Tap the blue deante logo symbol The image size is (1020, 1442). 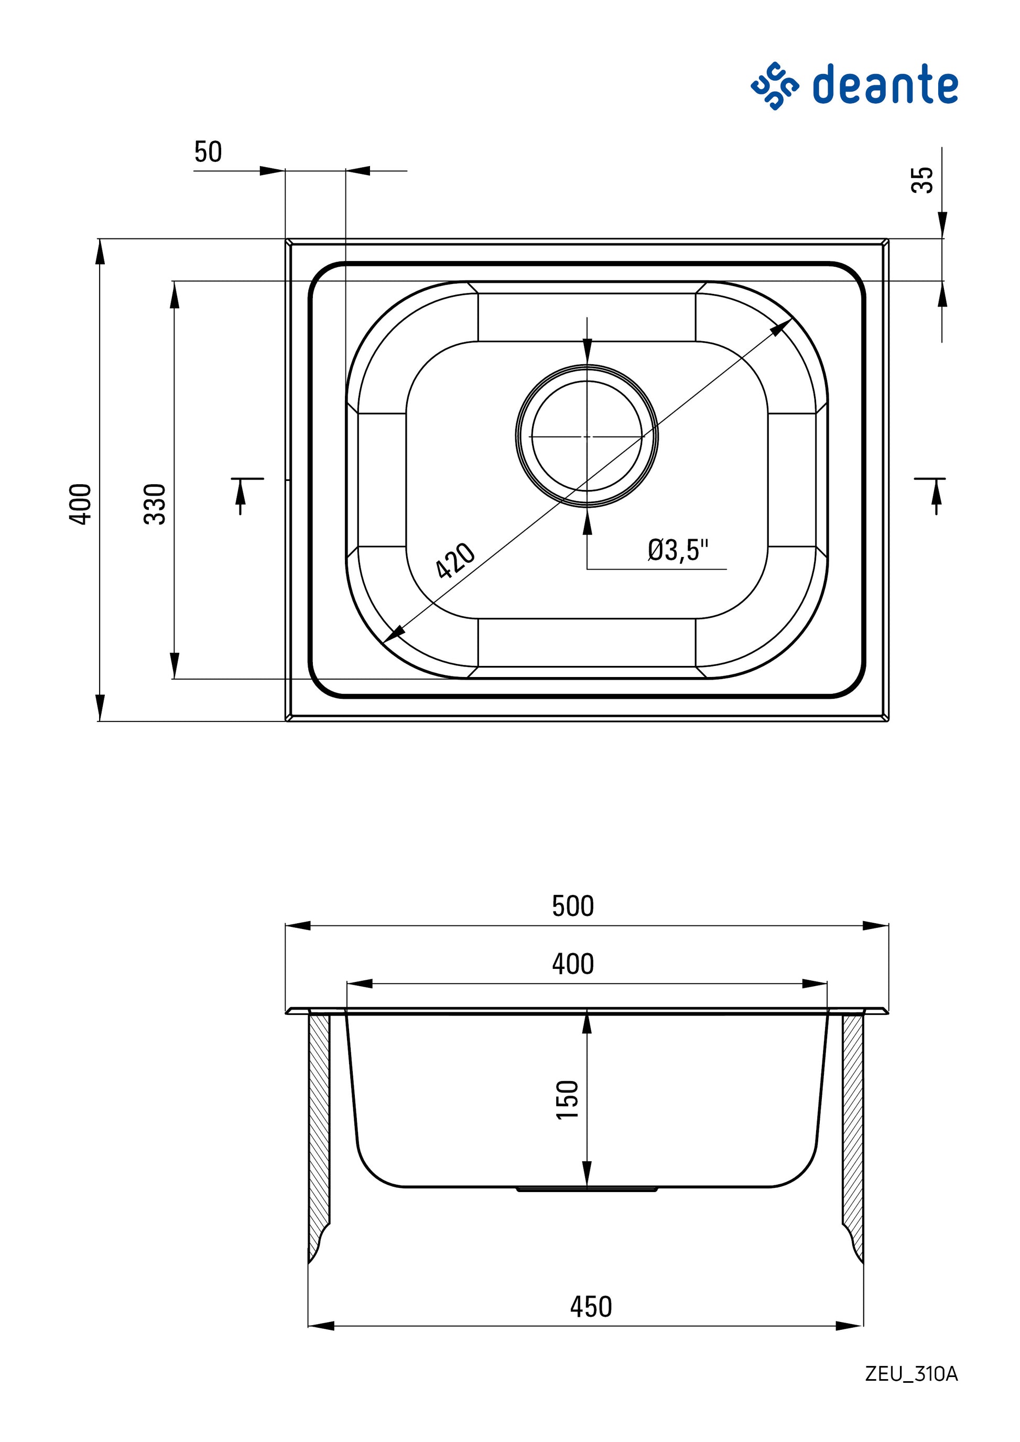pos(774,86)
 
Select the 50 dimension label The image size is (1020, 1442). pos(208,152)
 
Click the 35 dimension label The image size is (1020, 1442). pos(923,180)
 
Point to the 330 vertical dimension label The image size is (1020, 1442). pos(155,504)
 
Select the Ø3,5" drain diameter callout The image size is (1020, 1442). pos(678,550)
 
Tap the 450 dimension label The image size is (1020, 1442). pos(590,1306)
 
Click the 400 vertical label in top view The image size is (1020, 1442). pos(80,504)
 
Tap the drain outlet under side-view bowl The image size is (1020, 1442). pos(587,1189)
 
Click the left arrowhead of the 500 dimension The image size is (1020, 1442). pos(298,926)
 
